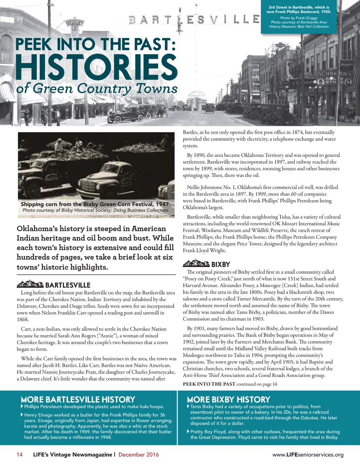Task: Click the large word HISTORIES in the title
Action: pyautogui.click(x=96, y=68)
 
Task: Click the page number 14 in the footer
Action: pyautogui.click(x=20, y=455)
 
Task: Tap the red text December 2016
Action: pyautogui.click(x=139, y=455)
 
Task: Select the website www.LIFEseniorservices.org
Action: pyautogui.click(x=308, y=455)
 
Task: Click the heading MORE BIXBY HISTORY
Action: pyautogui.click(x=229, y=400)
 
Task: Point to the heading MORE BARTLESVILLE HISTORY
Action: pyautogui.click(x=78, y=400)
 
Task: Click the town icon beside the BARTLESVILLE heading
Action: pyautogui.click(x=30, y=284)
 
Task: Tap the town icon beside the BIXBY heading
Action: pyautogui.click(x=196, y=264)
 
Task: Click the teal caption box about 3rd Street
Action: pyautogui.click(x=298, y=17)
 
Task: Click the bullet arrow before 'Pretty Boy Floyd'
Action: pyautogui.click(x=188, y=431)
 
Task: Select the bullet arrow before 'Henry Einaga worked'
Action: pyautogui.click(x=22, y=415)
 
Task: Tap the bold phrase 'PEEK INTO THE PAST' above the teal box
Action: pyautogui.click(x=209, y=384)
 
